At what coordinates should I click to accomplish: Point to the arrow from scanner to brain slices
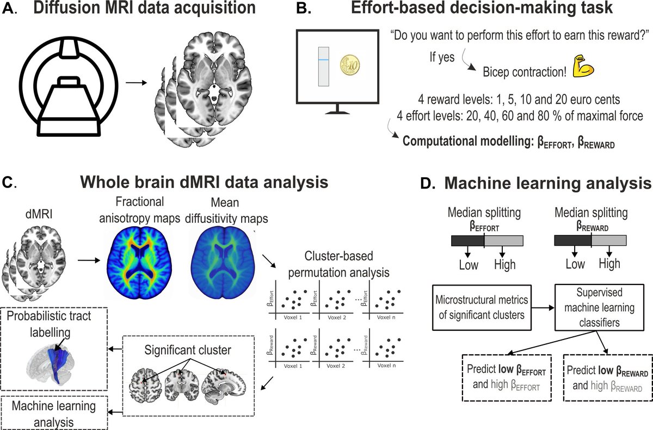click(138, 83)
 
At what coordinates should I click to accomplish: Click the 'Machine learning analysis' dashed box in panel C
click(54, 413)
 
